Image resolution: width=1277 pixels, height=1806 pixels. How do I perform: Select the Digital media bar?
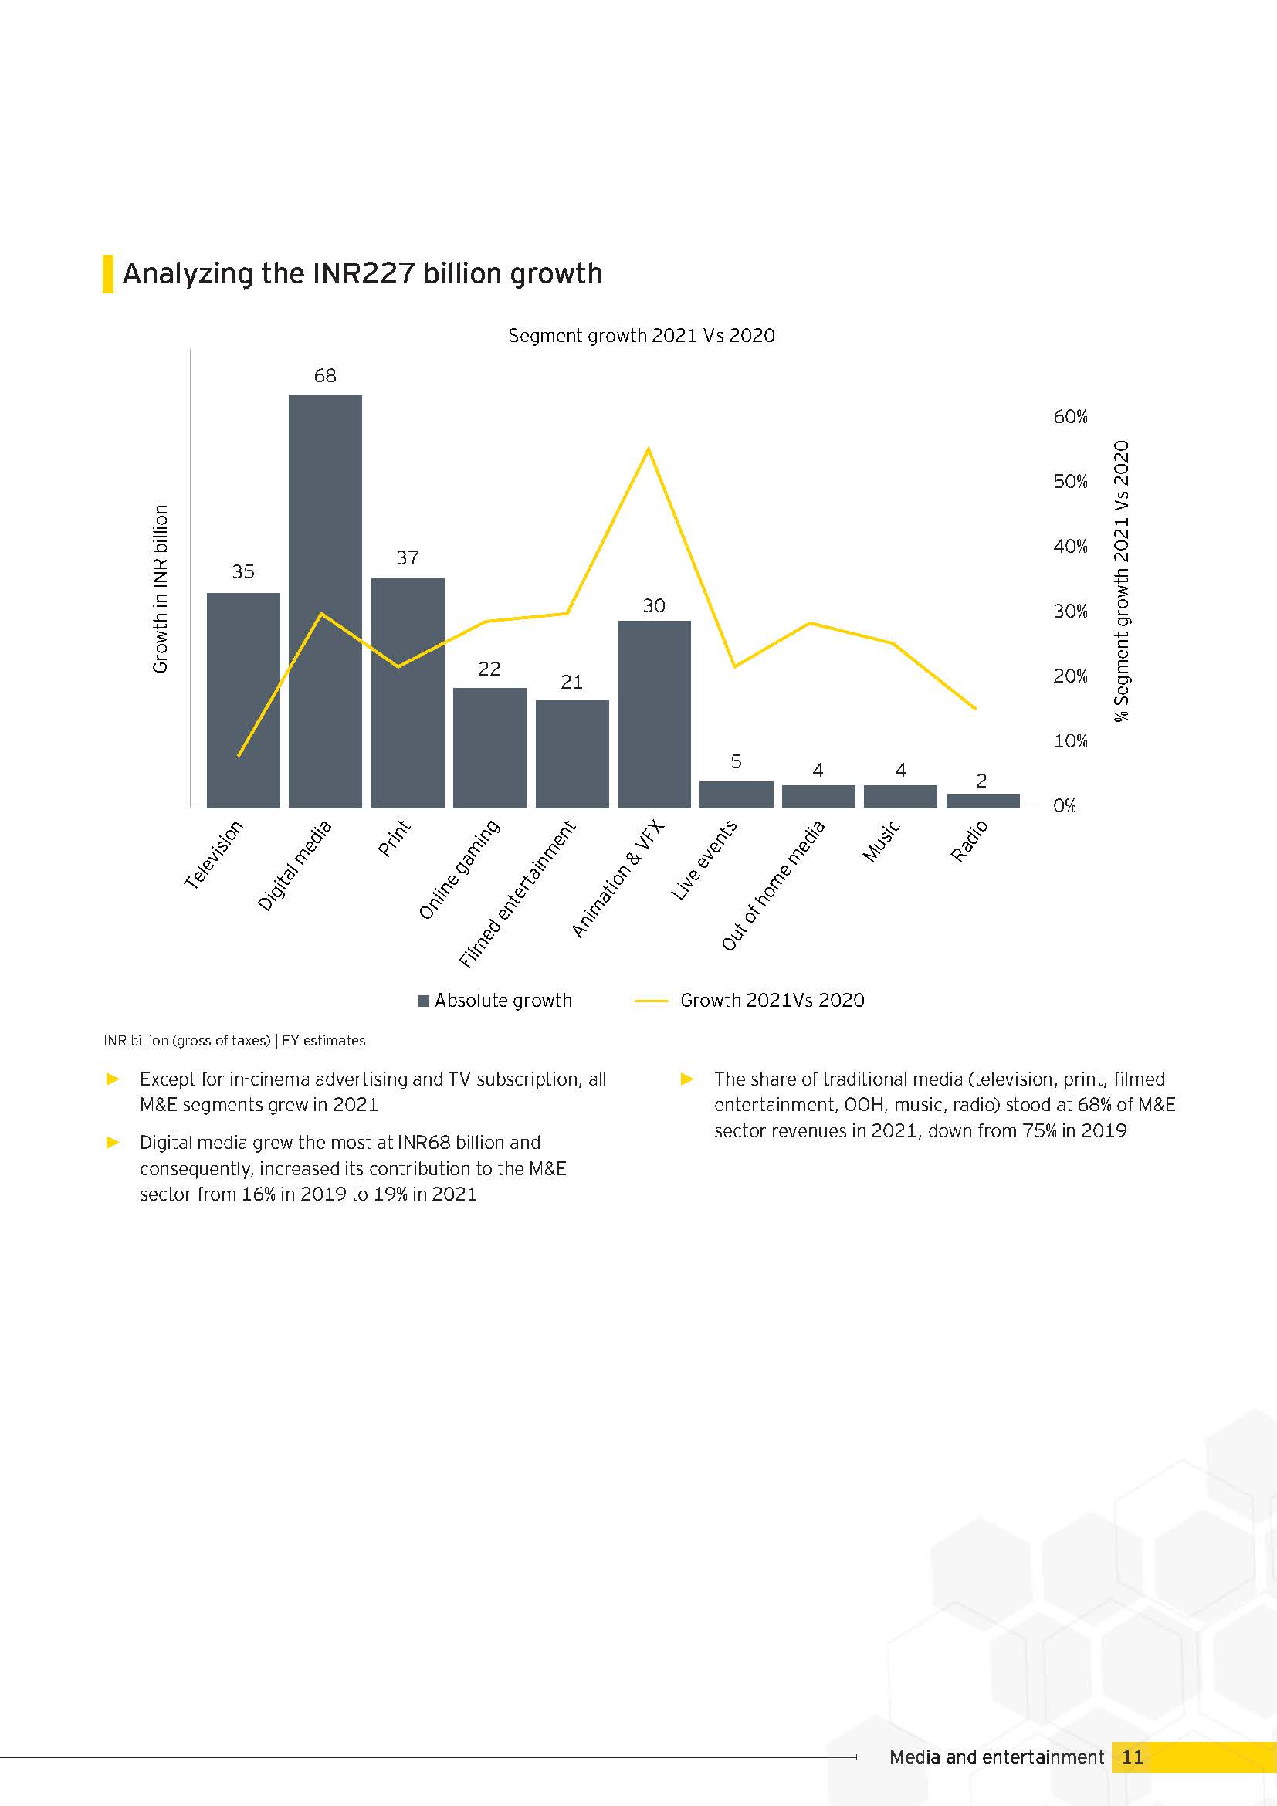tap(325, 601)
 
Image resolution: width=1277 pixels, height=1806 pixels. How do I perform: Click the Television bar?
tap(243, 700)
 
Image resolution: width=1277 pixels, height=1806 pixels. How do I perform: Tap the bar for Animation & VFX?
tap(653, 714)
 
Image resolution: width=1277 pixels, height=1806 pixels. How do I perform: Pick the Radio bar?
tap(982, 801)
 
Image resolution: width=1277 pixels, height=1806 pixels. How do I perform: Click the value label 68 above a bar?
tap(325, 376)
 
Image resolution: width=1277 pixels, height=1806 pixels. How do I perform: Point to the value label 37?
tap(408, 557)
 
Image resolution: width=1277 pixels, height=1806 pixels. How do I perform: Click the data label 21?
tap(571, 682)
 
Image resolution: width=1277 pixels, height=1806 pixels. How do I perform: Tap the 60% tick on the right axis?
tap(1070, 417)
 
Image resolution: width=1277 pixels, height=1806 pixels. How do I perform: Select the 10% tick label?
tap(1070, 741)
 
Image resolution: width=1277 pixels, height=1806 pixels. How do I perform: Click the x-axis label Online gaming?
tap(459, 869)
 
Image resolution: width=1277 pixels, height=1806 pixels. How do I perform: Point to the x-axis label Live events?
tap(704, 859)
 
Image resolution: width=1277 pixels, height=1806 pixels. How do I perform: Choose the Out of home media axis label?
tap(773, 885)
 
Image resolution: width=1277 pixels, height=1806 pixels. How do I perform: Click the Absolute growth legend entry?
tap(496, 1001)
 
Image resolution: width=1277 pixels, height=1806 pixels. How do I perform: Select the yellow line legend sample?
tap(650, 1001)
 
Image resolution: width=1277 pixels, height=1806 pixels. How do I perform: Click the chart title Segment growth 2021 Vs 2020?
tap(642, 336)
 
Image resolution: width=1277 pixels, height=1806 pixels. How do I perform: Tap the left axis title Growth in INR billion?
tap(161, 589)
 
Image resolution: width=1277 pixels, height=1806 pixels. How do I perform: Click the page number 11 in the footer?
tap(1133, 1757)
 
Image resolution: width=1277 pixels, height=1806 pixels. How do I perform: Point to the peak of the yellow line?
tap(648, 449)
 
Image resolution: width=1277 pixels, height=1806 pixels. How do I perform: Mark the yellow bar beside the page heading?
tap(108, 274)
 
